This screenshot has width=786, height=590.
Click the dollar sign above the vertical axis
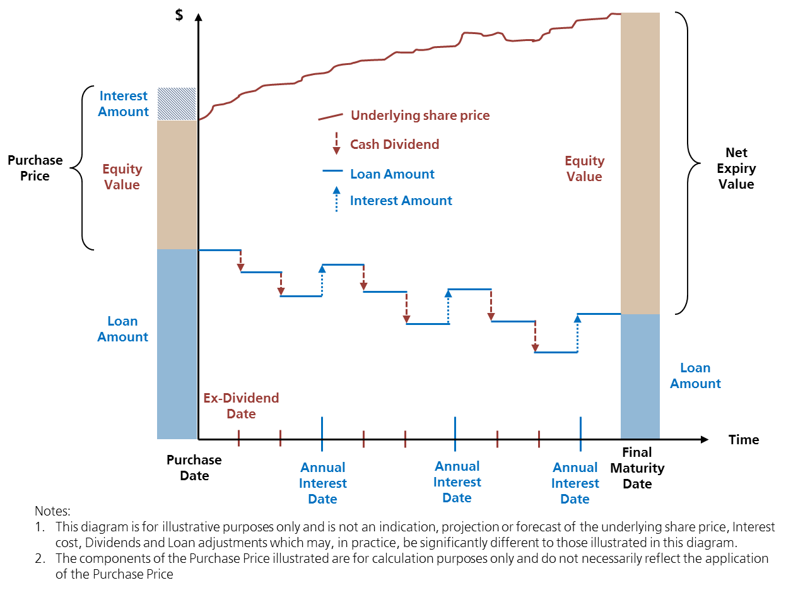[180, 16]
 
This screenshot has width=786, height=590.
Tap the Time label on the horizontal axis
[744, 440]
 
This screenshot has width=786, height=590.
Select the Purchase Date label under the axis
[194, 468]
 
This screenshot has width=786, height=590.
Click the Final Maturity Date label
[637, 468]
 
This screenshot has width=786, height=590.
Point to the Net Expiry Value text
[736, 168]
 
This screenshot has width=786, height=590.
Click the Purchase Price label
[35, 168]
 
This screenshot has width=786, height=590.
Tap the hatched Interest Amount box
[176, 103]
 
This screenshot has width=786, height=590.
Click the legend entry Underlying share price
[419, 115]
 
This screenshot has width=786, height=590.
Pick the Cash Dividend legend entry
[394, 145]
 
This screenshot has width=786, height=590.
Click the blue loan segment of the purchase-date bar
[177, 344]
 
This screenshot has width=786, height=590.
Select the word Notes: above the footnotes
[53, 510]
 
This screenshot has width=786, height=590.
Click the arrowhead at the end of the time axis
[705, 439]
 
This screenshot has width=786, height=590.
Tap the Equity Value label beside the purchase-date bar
[122, 177]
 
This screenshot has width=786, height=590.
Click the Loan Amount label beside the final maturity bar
[695, 375]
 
